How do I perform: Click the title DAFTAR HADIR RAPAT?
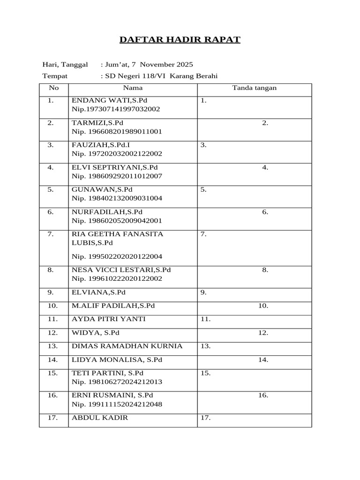click(180, 39)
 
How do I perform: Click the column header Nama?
click(133, 88)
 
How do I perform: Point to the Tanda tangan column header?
click(254, 88)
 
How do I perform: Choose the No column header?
click(53, 88)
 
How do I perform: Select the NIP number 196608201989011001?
click(117, 132)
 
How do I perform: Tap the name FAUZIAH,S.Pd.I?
click(100, 145)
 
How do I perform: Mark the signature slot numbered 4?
click(265, 167)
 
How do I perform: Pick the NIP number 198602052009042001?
click(117, 221)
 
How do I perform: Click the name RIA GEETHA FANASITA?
click(117, 234)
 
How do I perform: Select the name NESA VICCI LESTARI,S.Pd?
click(121, 270)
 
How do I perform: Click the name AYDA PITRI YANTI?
click(108, 319)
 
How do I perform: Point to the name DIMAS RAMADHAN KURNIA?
click(127, 346)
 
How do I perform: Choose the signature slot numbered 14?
click(262, 360)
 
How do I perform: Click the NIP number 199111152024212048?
click(117, 404)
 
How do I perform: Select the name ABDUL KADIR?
click(99, 418)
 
